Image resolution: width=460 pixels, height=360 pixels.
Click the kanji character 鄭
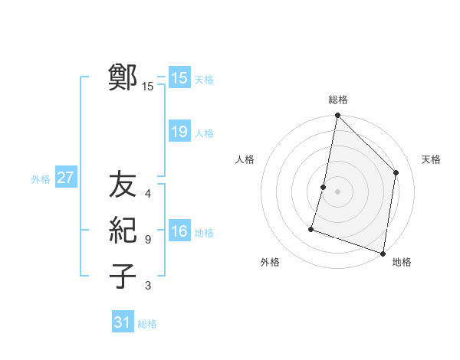point(123,77)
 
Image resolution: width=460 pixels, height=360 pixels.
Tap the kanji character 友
point(123,185)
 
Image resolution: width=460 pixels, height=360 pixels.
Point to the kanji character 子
point(123,276)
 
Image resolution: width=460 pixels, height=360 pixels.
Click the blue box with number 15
point(179,77)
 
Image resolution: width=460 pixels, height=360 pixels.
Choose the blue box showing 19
point(179,132)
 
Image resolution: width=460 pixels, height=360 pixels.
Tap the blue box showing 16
point(179,231)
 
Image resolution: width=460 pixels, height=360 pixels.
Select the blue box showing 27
point(66,178)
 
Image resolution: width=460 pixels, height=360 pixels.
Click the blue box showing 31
point(123,322)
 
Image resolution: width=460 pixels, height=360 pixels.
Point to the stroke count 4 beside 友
point(148,194)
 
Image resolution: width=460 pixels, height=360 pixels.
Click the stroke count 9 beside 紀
point(148,240)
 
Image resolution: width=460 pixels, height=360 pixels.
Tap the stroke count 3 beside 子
point(148,286)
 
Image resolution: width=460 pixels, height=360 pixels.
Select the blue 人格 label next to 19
point(204,133)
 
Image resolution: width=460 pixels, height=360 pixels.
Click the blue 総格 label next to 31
point(147,324)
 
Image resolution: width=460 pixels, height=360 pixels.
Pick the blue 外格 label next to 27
point(41,179)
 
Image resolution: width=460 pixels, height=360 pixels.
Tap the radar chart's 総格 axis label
point(337,100)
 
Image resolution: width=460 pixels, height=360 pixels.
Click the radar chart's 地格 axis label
point(402,262)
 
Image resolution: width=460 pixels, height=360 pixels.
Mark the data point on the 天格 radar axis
point(396,172)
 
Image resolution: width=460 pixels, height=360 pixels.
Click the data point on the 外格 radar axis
point(311,228)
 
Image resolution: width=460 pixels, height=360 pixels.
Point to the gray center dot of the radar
point(337,191)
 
